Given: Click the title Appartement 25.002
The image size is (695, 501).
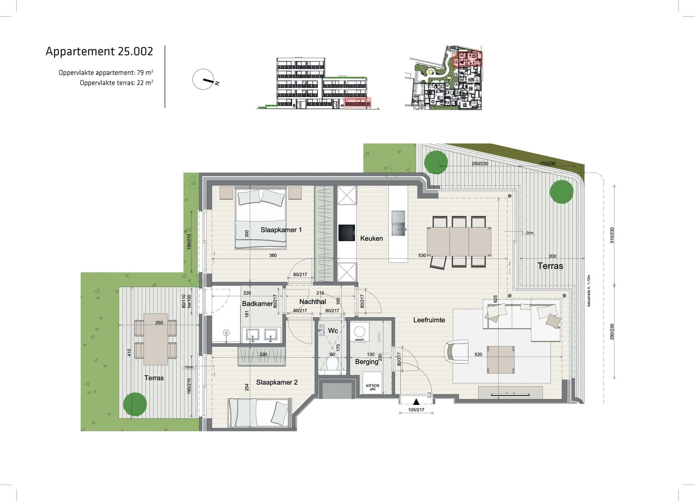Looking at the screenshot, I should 99,51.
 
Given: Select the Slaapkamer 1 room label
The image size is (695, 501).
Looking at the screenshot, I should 281,230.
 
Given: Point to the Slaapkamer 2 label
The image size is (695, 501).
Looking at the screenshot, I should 277,382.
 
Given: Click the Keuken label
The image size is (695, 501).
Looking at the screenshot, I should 371,238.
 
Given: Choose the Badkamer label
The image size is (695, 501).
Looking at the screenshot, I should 258,304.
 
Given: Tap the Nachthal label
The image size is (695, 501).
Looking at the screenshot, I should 313,302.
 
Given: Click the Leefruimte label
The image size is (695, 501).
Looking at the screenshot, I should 429,320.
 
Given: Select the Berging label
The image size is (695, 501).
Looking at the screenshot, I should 366,362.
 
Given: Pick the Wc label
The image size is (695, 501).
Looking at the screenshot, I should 333,331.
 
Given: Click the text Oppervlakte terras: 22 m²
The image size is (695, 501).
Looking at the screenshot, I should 116,83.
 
